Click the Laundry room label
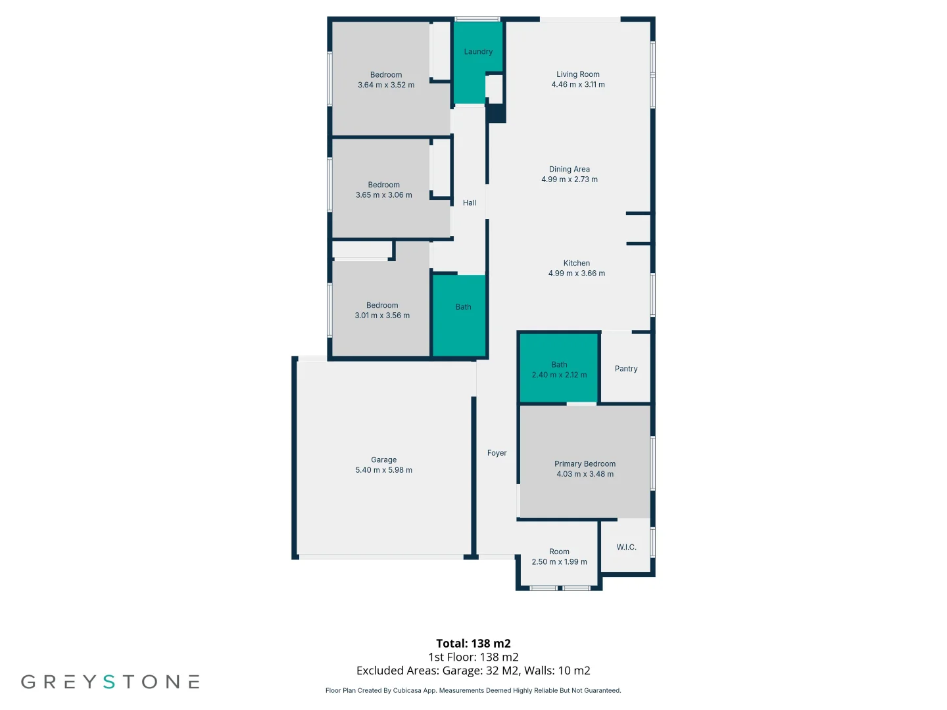478,52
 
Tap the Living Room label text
577,74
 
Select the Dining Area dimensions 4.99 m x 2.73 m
570,179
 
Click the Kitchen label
576,263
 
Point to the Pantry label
626,369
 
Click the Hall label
470,203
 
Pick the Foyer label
497,453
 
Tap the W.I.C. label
626,547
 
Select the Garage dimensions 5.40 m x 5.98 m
383,470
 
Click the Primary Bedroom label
585,464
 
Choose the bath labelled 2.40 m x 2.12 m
559,375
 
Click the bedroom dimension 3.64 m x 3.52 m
386,85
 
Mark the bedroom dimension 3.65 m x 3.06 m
383,195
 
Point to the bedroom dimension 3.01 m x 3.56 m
382,316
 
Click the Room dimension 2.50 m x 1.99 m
559,562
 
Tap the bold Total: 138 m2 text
473,644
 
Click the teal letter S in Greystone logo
109,682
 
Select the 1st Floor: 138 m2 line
473,657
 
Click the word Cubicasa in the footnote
407,691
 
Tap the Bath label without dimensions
463,307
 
